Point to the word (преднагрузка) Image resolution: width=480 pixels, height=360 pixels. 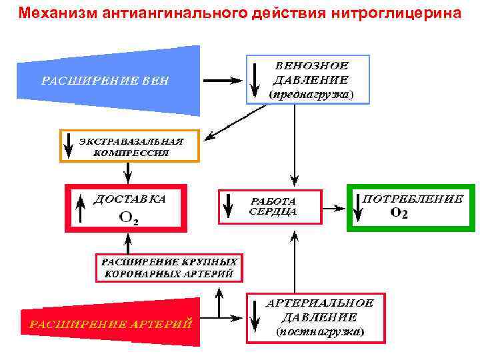(311, 95)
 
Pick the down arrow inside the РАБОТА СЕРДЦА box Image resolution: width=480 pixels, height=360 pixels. (228, 205)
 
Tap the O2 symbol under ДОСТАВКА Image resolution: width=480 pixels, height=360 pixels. (129, 217)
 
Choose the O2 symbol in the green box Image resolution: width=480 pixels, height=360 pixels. (399, 213)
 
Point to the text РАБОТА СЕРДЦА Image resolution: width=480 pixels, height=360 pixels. (273, 206)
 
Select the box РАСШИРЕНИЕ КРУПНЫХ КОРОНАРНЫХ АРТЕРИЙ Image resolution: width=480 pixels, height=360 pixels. (169, 267)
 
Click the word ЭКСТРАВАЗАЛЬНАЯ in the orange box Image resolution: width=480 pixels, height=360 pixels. (131, 141)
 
